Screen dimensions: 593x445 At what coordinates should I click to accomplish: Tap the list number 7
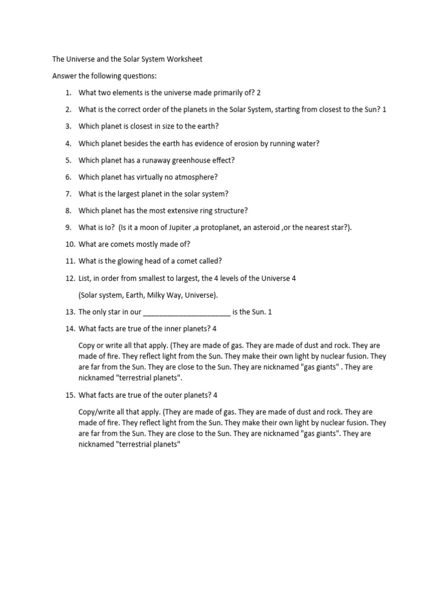click(68, 194)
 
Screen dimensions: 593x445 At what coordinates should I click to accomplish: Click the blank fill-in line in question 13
click(187, 312)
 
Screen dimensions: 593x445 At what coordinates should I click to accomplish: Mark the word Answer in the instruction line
click(64, 76)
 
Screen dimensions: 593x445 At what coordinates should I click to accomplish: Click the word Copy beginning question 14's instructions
click(87, 346)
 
